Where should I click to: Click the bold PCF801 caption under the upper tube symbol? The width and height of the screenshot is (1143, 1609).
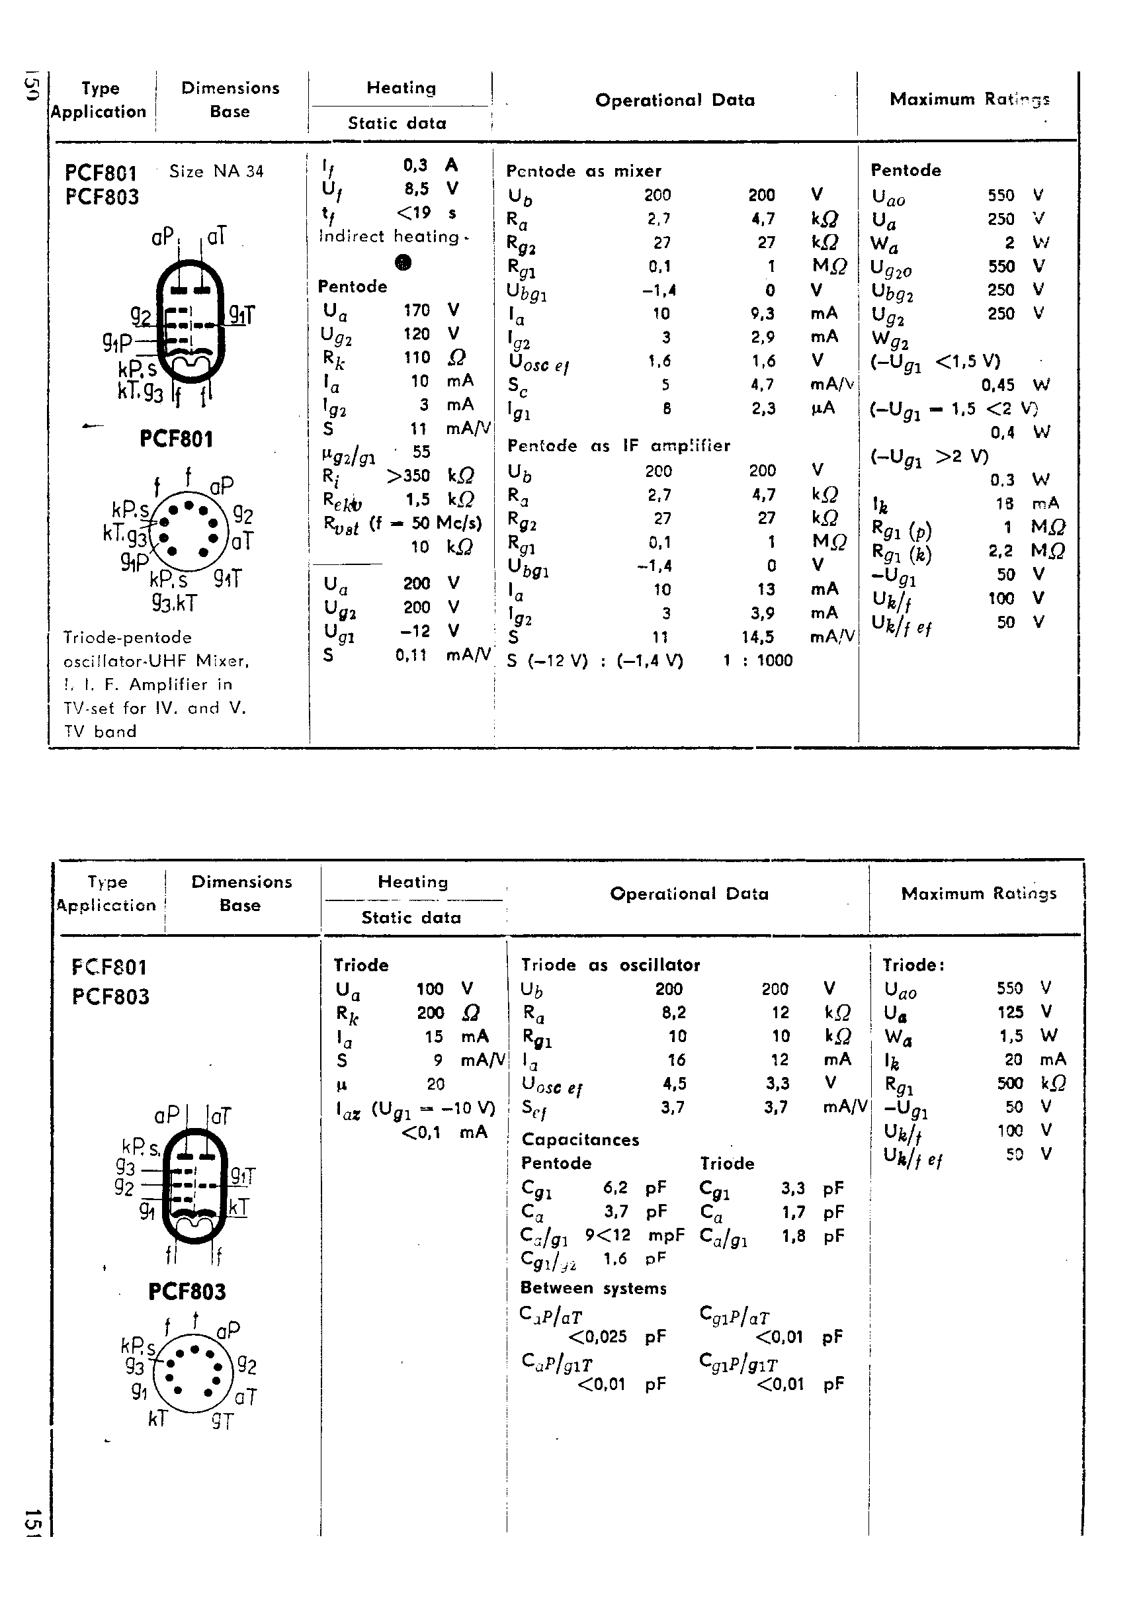coord(176,439)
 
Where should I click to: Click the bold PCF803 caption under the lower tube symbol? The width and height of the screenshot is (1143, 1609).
coord(187,1291)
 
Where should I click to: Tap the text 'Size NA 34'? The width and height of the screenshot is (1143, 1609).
coord(216,171)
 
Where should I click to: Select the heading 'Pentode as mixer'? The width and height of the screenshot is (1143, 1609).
coord(583,171)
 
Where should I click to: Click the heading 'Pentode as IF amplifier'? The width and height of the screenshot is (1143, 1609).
coord(618,445)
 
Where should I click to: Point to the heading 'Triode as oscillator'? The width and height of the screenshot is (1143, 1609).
coord(611,965)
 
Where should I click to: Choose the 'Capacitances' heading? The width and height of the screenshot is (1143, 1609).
coord(580,1139)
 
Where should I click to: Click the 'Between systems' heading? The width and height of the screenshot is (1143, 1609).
coord(593,1288)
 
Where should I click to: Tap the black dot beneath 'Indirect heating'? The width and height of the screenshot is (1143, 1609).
coord(403,263)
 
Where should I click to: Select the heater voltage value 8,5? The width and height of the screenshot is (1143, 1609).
coord(416,189)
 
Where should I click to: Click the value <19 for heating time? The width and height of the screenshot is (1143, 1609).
coord(413,212)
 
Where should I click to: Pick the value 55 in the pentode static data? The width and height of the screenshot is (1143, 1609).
coord(421,452)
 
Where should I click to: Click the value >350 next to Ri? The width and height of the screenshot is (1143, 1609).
coord(408,476)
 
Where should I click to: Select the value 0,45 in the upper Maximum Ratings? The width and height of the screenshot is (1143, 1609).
coord(998,385)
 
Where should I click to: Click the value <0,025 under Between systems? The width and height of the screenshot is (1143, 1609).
coord(597,1336)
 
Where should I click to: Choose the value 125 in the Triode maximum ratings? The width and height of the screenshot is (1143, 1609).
coord(1009,1012)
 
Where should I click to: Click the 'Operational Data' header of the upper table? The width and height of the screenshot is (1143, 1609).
coord(674,100)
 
